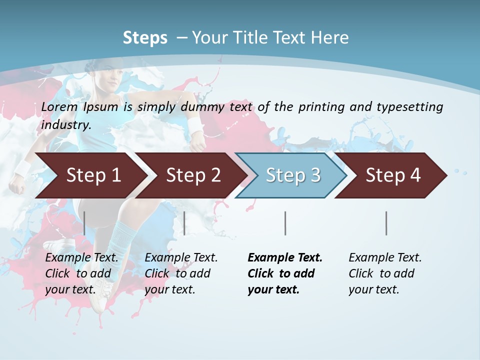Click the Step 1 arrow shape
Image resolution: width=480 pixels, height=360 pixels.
(90, 175)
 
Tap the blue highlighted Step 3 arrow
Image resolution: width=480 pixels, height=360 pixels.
(292, 175)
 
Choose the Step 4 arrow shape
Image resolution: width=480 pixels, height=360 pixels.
(392, 175)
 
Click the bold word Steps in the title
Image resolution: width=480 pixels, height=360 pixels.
(145, 38)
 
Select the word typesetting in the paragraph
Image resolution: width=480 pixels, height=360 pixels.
(410, 106)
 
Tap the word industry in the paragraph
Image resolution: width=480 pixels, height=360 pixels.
(65, 125)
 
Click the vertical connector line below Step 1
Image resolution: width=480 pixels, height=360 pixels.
(84, 223)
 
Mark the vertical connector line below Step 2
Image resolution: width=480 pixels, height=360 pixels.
(184, 223)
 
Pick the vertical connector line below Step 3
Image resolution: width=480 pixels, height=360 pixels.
(285, 223)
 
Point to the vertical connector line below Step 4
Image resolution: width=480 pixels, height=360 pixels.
(386, 223)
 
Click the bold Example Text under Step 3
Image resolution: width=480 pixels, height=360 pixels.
(285, 258)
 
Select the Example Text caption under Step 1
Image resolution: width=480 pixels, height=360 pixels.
(81, 258)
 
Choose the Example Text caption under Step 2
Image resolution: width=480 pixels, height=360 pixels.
(181, 258)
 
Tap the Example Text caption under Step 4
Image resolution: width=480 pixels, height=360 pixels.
(385, 258)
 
